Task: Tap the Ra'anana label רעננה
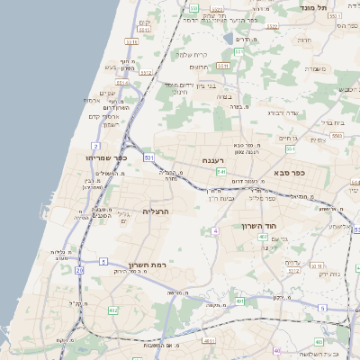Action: pos(212,160)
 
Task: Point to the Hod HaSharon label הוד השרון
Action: pos(256,226)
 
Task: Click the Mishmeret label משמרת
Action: pos(317,68)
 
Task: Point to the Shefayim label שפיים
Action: pos(106,93)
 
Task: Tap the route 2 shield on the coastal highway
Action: pos(95,145)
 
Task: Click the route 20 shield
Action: pos(79,270)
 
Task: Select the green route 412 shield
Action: pos(112,310)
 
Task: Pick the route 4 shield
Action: pos(216,231)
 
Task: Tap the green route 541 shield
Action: pos(220,172)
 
